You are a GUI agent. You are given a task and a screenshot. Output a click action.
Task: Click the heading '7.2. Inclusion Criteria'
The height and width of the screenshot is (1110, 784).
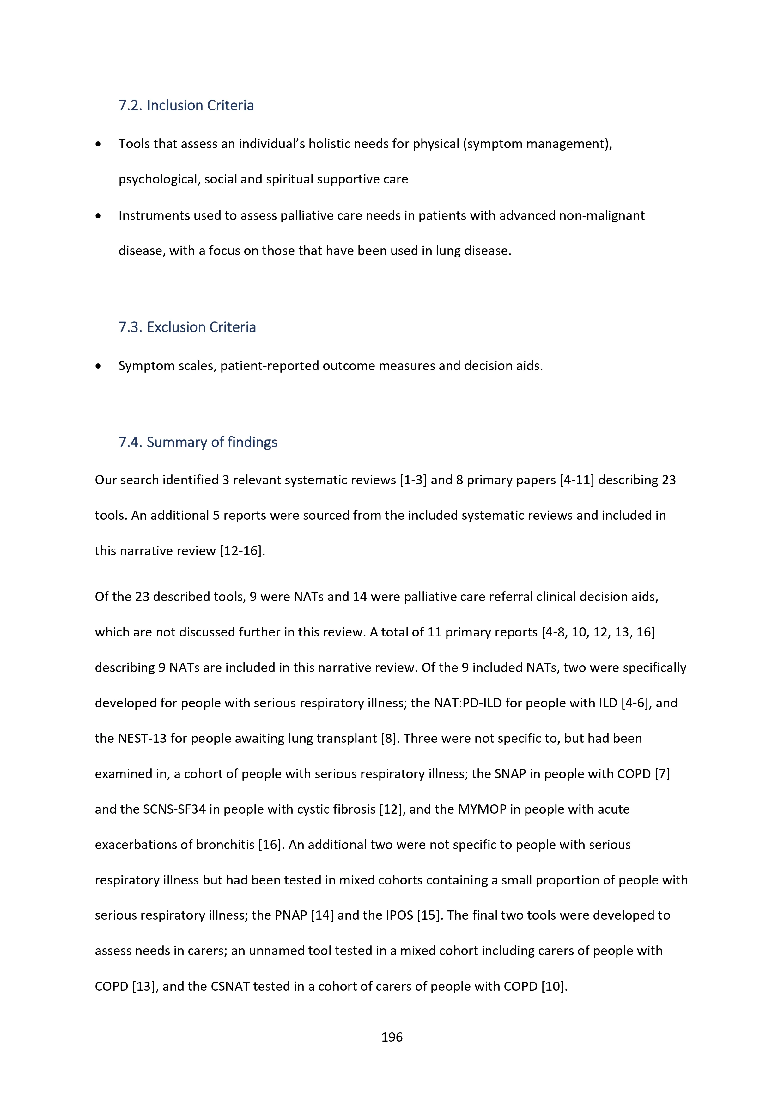click(186, 105)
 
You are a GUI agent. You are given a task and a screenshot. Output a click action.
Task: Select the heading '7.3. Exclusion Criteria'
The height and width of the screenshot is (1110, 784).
click(187, 327)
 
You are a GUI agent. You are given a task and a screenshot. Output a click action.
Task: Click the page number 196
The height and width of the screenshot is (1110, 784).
click(392, 1037)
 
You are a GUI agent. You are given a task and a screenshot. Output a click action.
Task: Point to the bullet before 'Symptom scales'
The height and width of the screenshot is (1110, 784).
click(99, 366)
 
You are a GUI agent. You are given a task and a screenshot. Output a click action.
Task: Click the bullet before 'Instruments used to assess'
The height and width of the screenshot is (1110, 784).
click(99, 216)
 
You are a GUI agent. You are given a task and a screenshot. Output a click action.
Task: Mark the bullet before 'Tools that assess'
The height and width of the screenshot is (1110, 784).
click(99, 144)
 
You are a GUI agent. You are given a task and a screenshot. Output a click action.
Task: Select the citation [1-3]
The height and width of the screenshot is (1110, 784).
click(413, 480)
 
